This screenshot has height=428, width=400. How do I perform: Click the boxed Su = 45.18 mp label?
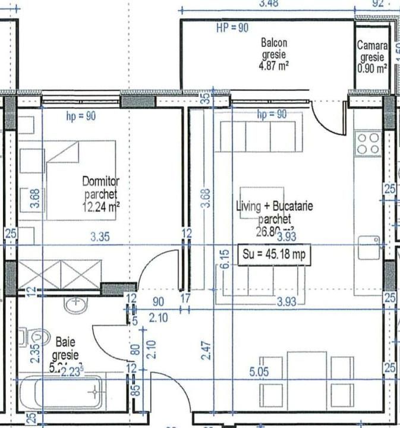pos(274,254)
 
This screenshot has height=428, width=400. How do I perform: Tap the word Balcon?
pos(274,43)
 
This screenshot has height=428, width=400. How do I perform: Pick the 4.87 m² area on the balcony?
pos(274,65)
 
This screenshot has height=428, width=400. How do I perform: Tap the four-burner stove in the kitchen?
pos(368,144)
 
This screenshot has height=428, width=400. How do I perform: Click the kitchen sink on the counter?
pos(369,246)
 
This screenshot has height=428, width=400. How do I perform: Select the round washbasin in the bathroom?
pos(76,305)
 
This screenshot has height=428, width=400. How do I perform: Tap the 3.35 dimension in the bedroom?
pos(100,237)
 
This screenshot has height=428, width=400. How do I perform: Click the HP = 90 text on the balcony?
pos(232,28)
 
